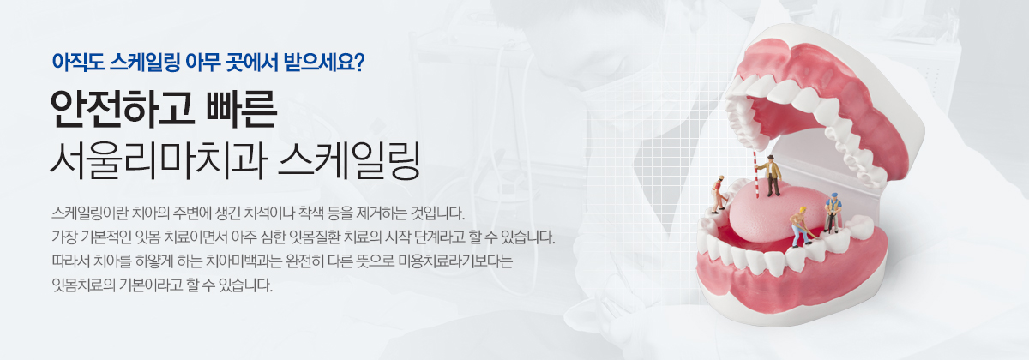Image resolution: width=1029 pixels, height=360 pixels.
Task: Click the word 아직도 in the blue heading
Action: point(78,62)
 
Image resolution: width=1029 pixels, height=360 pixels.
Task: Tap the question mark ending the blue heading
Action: point(358,62)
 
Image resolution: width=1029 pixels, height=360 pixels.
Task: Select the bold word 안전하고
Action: point(122,110)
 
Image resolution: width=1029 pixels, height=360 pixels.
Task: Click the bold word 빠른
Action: point(242,110)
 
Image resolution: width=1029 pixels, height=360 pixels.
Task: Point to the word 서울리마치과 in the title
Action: point(159,161)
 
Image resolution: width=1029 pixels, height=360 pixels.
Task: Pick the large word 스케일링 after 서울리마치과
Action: point(349,161)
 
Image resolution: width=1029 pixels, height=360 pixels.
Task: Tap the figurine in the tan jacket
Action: point(773,176)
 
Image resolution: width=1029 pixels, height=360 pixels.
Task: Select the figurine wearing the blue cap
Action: point(833,213)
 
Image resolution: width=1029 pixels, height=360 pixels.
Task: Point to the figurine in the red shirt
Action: point(718,195)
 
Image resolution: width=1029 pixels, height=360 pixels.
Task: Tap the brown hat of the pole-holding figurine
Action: point(770,158)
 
